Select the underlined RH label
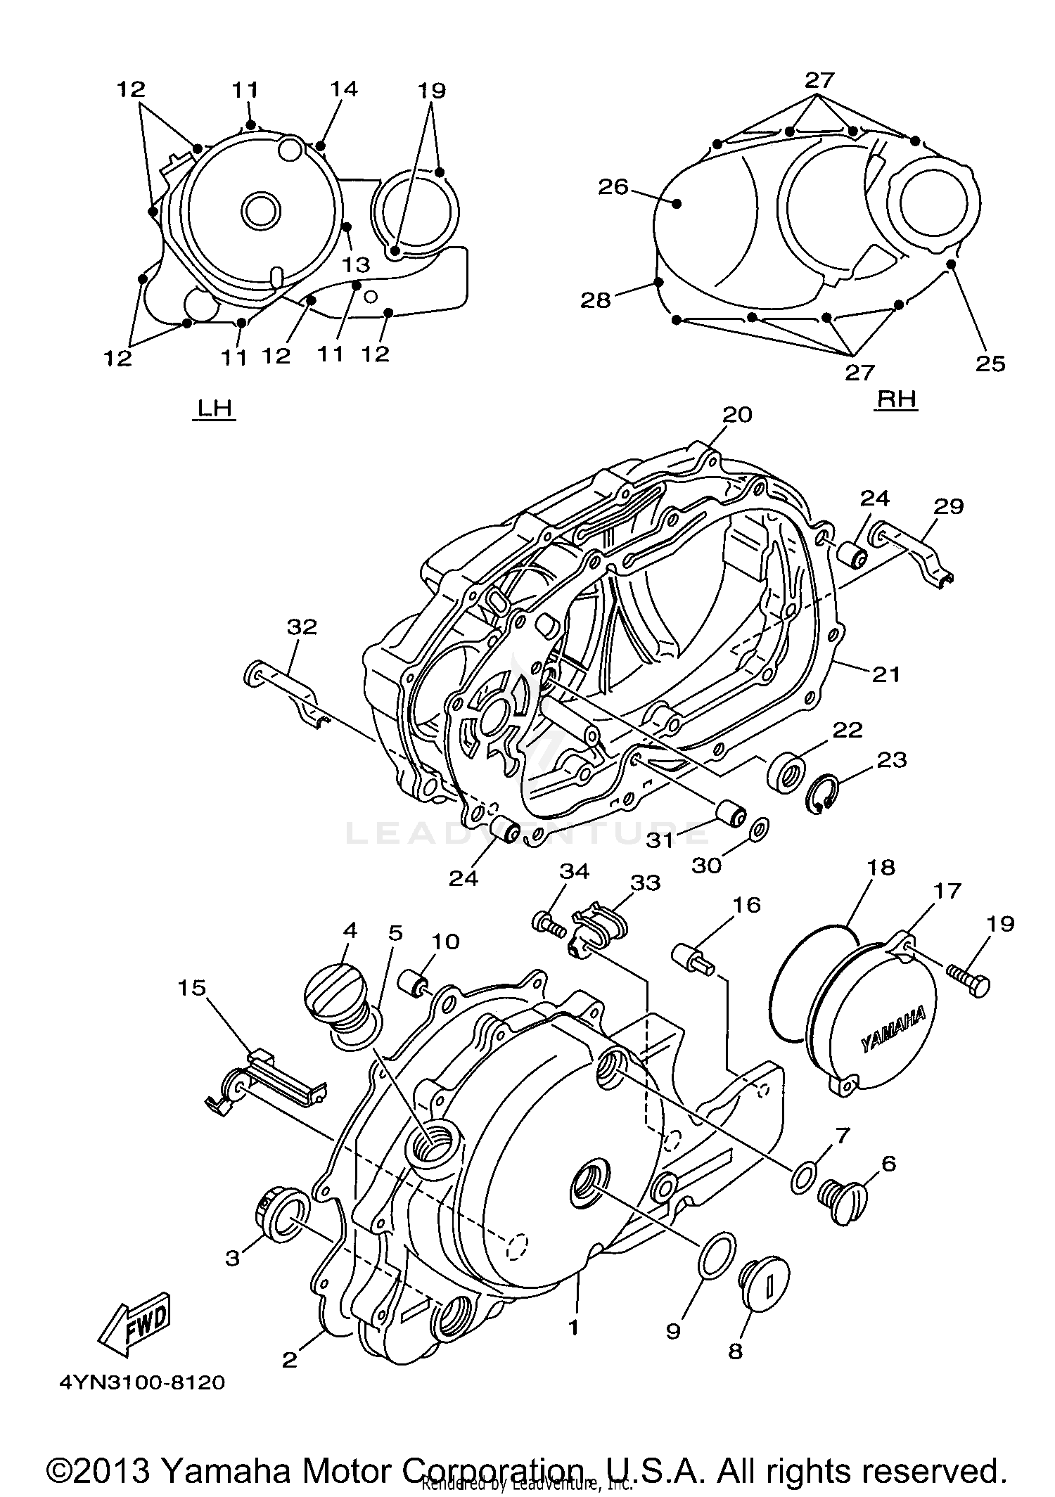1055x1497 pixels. pyautogui.click(x=897, y=399)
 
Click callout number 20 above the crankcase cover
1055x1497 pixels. pyautogui.click(x=736, y=415)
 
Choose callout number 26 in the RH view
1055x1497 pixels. pyautogui.click(x=613, y=187)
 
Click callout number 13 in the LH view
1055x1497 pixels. pyautogui.click(x=357, y=264)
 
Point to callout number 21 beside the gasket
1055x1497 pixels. pyautogui.click(x=885, y=674)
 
